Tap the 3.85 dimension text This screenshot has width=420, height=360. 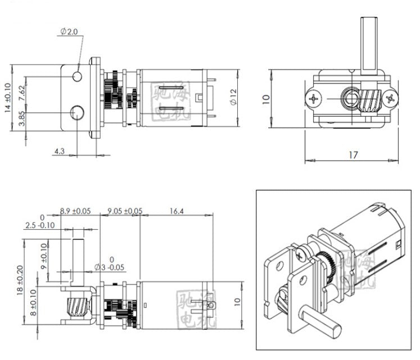(x=21, y=121)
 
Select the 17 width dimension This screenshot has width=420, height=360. (x=352, y=155)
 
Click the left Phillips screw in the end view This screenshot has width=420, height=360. (x=313, y=100)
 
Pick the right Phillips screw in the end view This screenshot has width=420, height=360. (x=390, y=100)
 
